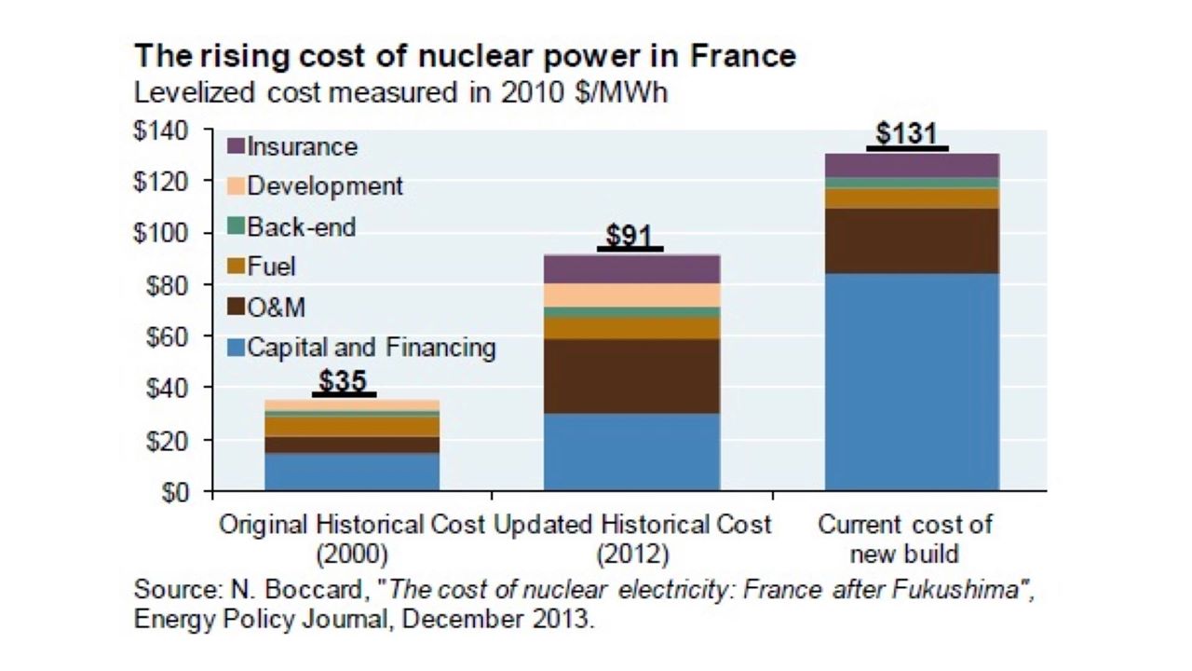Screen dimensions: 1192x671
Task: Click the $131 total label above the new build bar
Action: [906, 133]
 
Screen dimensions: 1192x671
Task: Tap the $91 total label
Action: [629, 235]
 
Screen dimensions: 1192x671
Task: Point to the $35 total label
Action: [344, 381]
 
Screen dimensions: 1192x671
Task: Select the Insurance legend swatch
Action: [236, 146]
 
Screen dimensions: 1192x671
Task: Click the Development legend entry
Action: [315, 186]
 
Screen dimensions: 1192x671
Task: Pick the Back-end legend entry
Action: [291, 226]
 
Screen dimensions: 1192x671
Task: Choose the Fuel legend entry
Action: [262, 267]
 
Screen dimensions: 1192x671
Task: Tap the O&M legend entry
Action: [266, 308]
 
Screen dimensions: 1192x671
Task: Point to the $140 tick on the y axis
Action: [161, 131]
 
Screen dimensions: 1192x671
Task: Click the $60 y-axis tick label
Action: [167, 337]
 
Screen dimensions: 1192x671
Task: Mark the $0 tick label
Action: [175, 493]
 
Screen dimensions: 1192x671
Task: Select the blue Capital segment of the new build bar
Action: [912, 382]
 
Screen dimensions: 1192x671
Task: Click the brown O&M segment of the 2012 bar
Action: [631, 376]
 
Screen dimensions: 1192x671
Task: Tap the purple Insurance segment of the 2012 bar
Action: [631, 269]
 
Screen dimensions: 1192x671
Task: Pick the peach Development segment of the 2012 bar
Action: [631, 295]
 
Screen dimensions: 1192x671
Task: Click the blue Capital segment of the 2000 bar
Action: [352, 472]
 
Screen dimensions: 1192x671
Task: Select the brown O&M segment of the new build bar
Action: [912, 240]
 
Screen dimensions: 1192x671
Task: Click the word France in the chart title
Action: [743, 56]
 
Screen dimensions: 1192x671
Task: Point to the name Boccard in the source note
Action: [314, 590]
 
